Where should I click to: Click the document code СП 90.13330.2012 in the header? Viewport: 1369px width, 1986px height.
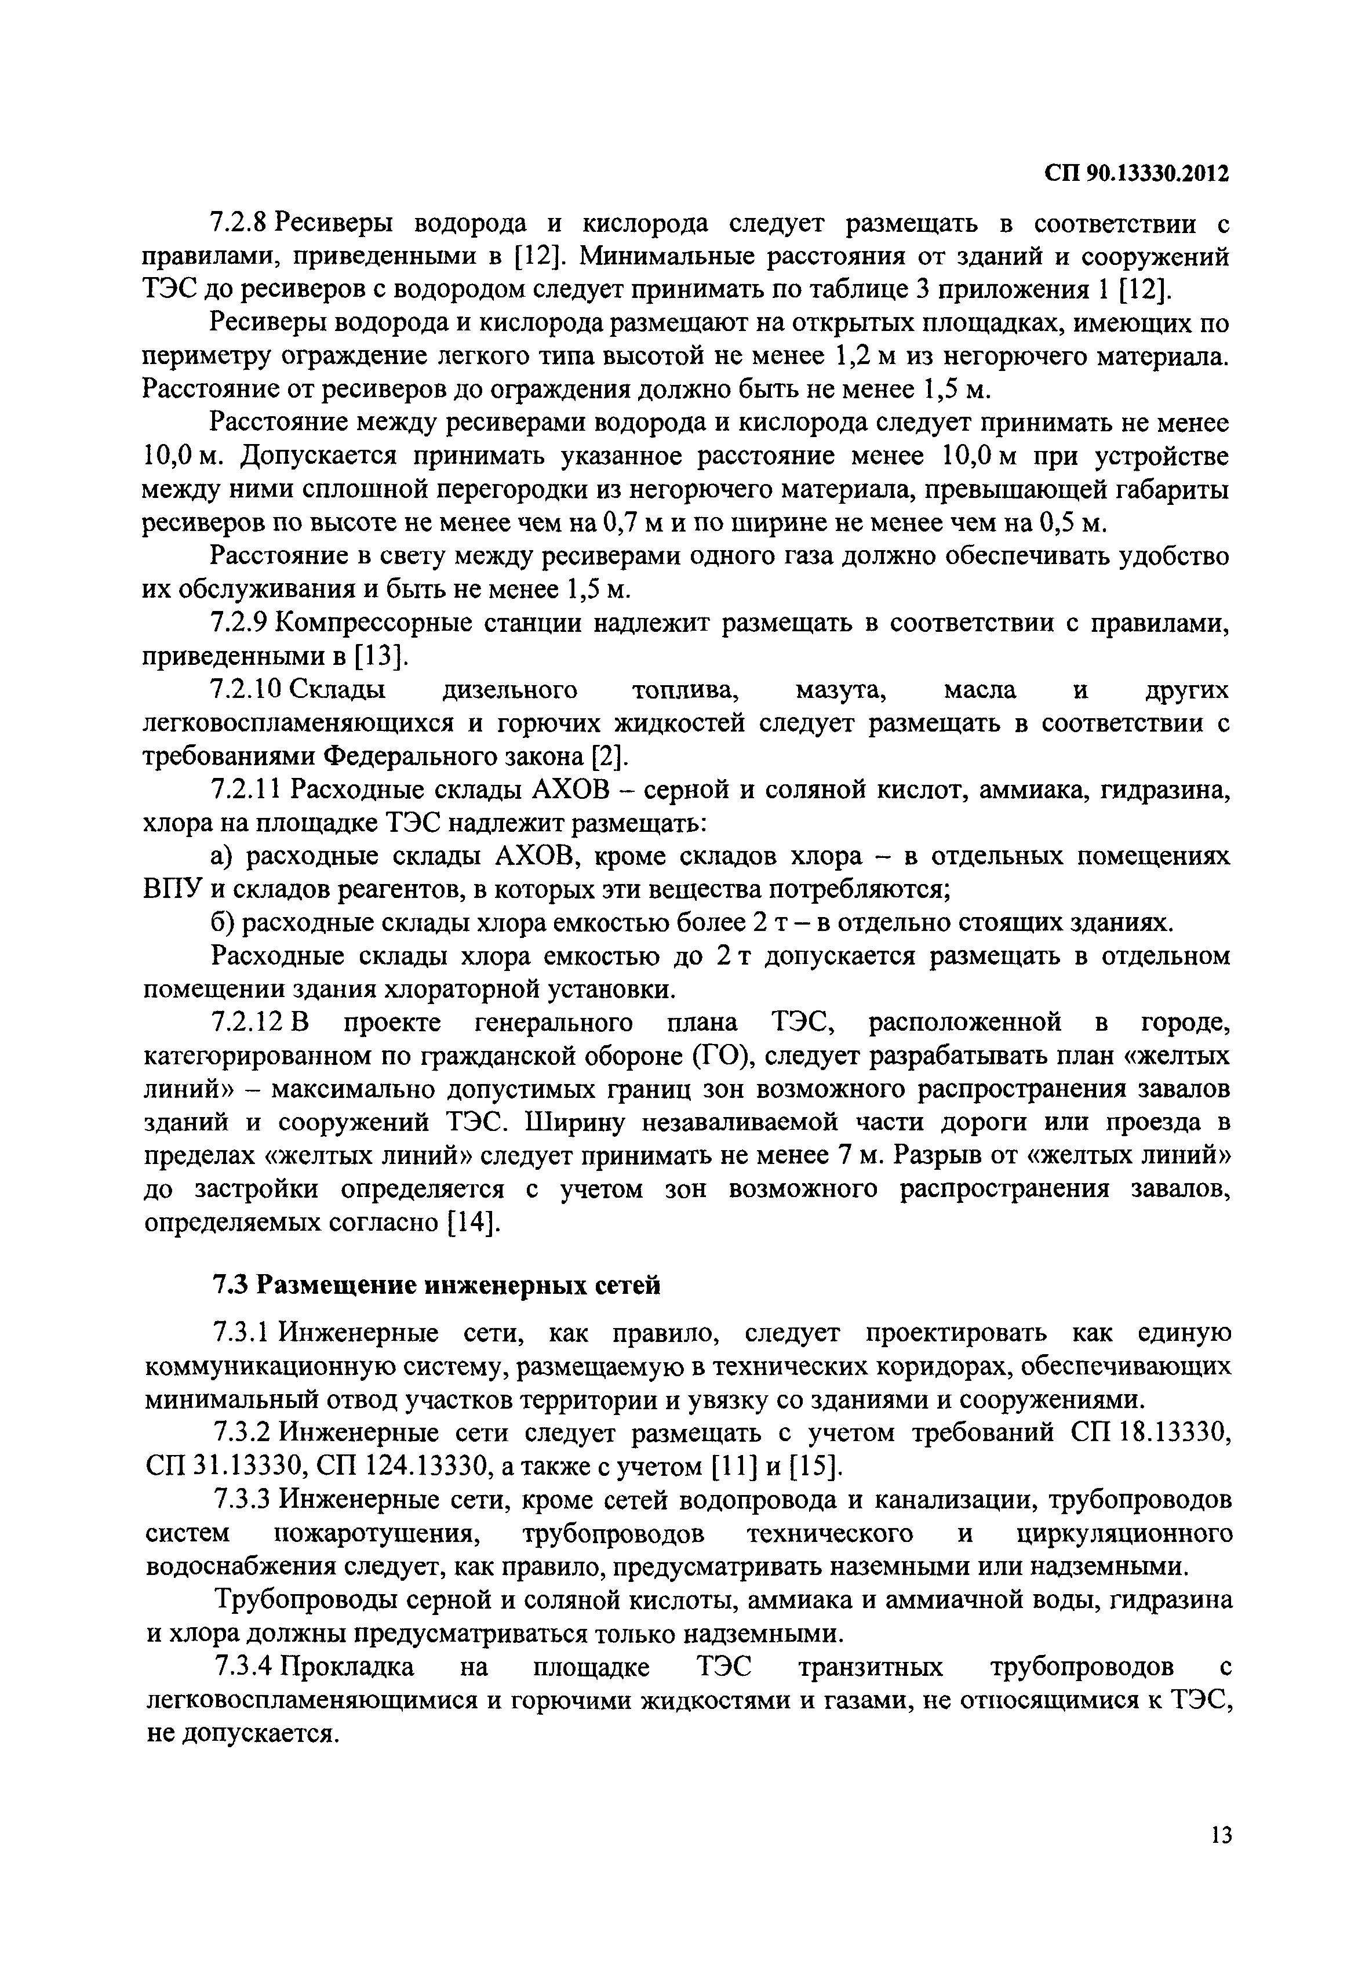click(x=1137, y=173)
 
